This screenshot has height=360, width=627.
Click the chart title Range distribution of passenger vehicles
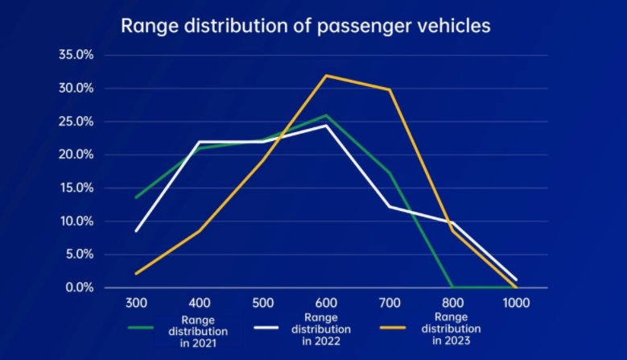tap(305, 25)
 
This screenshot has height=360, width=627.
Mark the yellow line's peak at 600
tap(325, 75)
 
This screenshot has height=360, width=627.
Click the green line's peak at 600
tap(325, 115)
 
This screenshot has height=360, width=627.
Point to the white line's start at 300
tap(137, 231)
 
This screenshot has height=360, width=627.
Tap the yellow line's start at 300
tap(137, 274)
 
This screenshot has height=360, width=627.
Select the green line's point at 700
tap(390, 172)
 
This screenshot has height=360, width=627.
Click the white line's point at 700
tap(390, 206)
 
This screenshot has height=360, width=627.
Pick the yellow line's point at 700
tap(390, 89)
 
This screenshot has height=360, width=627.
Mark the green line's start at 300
tap(137, 197)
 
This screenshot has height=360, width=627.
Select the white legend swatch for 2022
tap(268, 329)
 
